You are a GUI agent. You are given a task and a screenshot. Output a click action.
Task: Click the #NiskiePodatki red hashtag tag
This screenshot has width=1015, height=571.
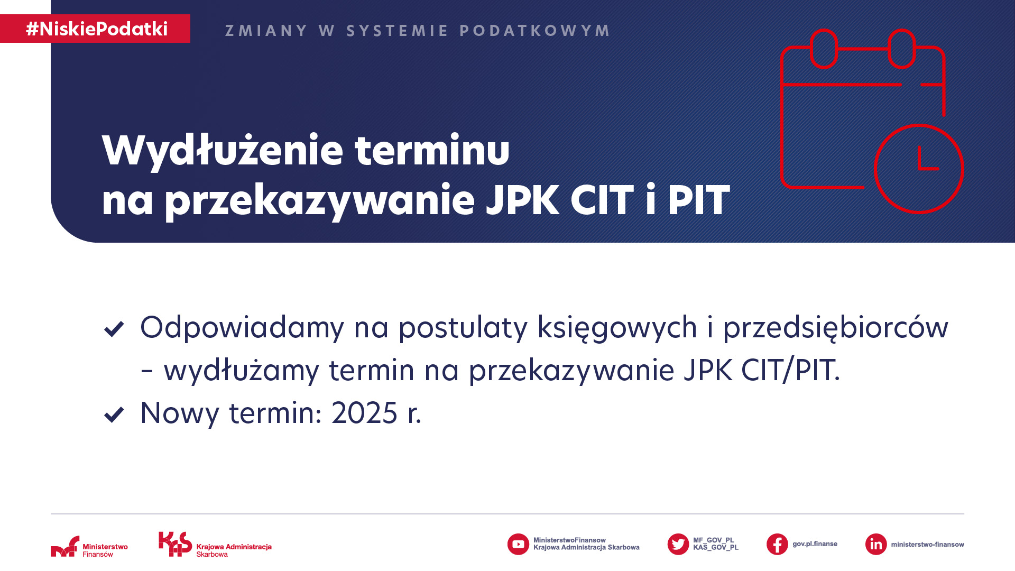pos(95,29)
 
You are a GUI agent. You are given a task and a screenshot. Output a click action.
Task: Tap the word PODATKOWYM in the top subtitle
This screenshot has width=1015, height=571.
pos(534,31)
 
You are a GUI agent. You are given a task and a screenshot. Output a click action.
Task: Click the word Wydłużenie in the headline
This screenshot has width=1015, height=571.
pos(223,151)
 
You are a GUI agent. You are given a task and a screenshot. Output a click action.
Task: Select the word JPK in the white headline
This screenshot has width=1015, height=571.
pos(522,200)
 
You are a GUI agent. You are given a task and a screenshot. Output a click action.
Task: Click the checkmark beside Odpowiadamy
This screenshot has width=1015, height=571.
pos(114,329)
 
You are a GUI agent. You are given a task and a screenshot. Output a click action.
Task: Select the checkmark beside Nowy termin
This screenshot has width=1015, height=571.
pos(114,415)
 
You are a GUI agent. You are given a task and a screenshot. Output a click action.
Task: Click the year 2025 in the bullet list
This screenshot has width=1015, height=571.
pos(364,413)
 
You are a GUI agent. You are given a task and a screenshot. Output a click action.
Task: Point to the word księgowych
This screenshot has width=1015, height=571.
pos(617,328)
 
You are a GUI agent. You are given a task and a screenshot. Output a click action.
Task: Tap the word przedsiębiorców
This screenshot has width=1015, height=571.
pos(836,328)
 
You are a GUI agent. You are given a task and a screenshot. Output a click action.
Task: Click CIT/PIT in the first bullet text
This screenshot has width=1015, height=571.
pos(790,370)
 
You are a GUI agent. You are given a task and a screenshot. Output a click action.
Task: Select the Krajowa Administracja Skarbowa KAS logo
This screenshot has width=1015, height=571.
pos(215,545)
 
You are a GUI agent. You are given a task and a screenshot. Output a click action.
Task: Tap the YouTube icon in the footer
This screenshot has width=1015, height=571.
pos(518,544)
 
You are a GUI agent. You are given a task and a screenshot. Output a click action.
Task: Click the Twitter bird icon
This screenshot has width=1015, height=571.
pos(678,544)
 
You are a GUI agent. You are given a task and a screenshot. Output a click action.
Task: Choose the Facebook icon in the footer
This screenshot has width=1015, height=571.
pos(777,544)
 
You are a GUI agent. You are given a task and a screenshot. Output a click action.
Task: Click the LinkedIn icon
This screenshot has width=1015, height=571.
pos(876,544)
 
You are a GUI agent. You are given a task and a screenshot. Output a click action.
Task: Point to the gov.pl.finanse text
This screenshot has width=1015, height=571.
pos(815,544)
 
